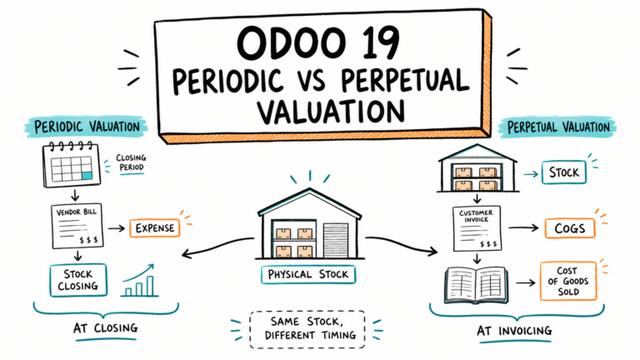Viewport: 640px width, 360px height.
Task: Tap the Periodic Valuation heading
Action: pos(87,127)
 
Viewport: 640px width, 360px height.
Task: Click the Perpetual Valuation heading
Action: pos(558,127)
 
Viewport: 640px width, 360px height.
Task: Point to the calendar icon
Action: pos(72,164)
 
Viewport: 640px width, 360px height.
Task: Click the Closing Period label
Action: pos(131,162)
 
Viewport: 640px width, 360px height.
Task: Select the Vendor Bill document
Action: pos(77,226)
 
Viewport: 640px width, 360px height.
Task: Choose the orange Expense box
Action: pos(155,228)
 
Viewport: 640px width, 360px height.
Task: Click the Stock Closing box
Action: pos(78,280)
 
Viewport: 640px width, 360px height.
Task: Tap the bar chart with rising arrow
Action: pos(139,280)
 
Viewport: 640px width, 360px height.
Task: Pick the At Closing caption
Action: pos(105,327)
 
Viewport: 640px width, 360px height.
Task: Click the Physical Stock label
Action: pos(308,274)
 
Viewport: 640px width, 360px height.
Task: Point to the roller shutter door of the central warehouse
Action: pos(336,240)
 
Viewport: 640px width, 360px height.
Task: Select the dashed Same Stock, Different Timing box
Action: pos(307,329)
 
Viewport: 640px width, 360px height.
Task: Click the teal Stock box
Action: pos(563,172)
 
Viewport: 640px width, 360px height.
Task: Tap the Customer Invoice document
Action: pos(477,228)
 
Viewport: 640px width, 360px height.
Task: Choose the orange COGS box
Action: pos(570,228)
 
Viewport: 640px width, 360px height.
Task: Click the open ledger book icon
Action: pos(476,285)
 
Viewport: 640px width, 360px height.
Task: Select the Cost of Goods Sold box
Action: pos(568,281)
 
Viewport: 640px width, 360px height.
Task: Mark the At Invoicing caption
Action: pos(514,331)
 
